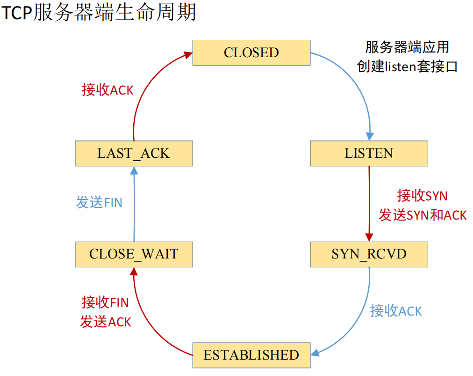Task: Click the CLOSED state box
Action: coord(251,52)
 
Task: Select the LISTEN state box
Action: coord(369,153)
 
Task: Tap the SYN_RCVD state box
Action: coord(369,254)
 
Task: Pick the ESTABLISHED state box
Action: coord(251,354)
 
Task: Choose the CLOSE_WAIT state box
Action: coord(134,254)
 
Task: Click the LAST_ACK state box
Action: coord(134,153)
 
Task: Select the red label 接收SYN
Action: coord(423,195)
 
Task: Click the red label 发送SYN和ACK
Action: coord(423,215)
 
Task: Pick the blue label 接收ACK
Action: coord(396,310)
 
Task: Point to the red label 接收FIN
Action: coord(105,302)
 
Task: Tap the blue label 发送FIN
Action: coord(99,202)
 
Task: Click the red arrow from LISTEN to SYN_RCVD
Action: coord(369,201)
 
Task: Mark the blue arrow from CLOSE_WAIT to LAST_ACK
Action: coord(134,206)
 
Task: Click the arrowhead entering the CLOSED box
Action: coord(188,55)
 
